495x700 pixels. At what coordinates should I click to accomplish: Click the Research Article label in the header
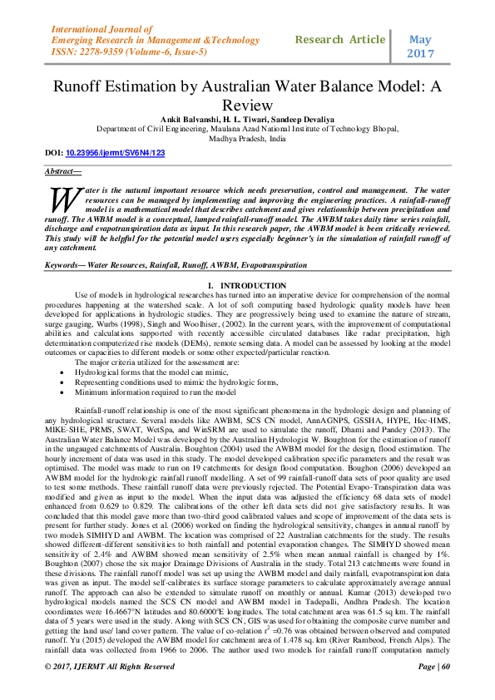pos(340,40)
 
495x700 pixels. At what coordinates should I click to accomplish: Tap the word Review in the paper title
pos(247,105)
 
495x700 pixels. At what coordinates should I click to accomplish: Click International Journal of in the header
pos(96,28)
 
